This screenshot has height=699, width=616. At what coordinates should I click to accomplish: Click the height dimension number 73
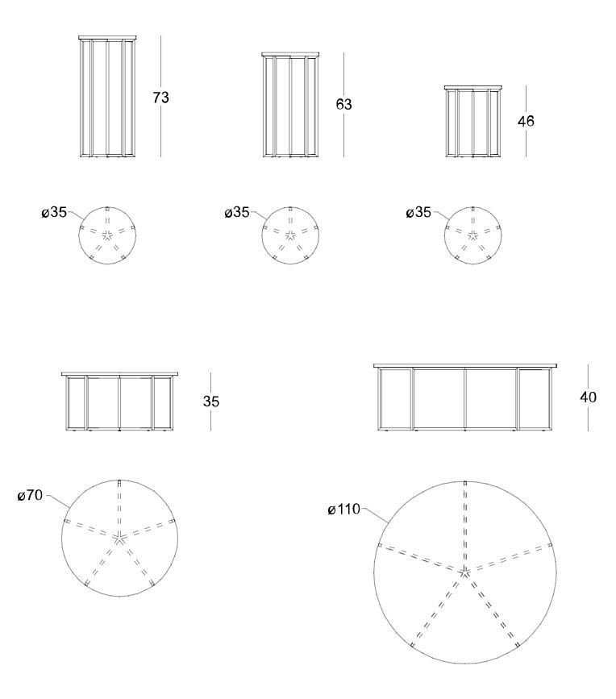[x=161, y=98]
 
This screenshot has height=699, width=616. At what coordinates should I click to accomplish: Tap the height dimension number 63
[x=343, y=104]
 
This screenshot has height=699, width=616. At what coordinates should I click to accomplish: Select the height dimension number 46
[x=526, y=121]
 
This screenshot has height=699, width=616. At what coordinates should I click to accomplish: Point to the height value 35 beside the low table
[x=211, y=402]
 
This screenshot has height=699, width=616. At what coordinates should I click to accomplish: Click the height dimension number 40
[x=589, y=397]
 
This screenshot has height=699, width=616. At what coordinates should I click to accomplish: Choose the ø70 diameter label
[x=31, y=495]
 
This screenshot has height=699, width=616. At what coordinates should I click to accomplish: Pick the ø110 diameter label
[x=343, y=509]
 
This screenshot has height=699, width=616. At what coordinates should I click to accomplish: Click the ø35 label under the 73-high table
[x=54, y=212]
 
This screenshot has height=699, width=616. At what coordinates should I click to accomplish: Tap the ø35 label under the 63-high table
[x=237, y=212]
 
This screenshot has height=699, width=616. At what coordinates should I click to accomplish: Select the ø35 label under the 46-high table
[x=418, y=212]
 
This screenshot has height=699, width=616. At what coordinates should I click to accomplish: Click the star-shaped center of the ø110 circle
[x=465, y=572]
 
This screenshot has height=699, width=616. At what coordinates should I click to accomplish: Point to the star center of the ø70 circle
[x=119, y=539]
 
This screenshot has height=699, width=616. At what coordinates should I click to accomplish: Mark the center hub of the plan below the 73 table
[x=107, y=235]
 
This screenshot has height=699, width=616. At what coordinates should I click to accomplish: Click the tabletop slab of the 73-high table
[x=107, y=38]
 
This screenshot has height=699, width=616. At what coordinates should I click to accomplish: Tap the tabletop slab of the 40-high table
[x=465, y=366]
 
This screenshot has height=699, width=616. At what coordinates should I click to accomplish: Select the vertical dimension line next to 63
[x=343, y=105]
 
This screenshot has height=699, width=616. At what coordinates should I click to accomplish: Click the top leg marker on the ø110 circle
[x=465, y=483]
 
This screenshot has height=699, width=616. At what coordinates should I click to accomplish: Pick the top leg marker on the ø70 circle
[x=119, y=482]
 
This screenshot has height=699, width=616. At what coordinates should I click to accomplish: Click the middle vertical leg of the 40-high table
[x=465, y=399]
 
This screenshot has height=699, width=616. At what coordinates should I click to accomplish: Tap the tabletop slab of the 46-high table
[x=473, y=87]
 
